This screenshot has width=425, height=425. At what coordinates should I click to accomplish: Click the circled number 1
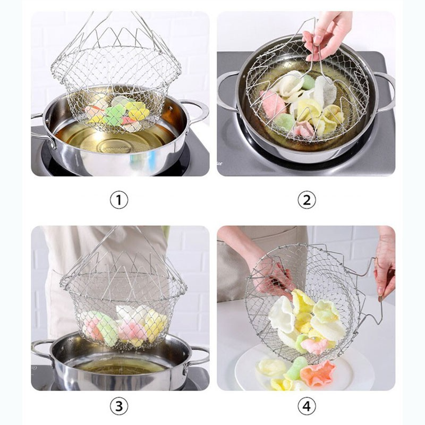(x=119, y=200)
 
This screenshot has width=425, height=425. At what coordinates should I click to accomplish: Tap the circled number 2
(x=306, y=200)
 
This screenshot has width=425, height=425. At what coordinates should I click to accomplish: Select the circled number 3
(x=119, y=406)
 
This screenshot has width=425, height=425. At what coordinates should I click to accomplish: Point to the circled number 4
(x=306, y=406)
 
